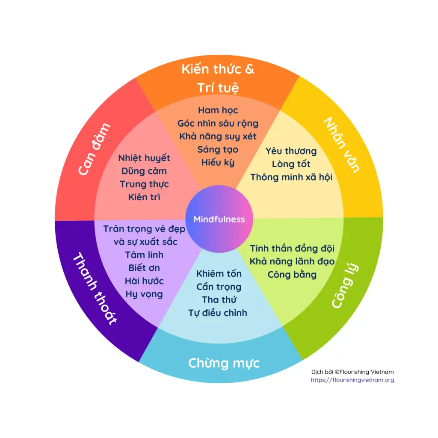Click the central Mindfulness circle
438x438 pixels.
click(219, 219)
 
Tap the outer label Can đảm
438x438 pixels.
click(94, 150)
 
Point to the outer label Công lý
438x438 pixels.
click(345, 286)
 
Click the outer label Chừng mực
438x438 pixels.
click(224, 364)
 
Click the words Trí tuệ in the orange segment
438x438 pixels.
click(218, 88)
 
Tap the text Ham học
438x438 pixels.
click(218, 110)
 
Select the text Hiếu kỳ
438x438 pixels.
click(218, 163)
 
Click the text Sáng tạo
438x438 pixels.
click(218, 150)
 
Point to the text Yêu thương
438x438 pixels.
click(291, 151)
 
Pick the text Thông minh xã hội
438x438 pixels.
click(291, 177)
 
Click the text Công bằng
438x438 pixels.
click(292, 275)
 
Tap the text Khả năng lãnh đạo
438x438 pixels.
click(292, 261)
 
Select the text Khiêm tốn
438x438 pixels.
click(219, 274)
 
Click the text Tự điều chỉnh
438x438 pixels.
click(218, 313)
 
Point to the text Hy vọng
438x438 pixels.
click(144, 294)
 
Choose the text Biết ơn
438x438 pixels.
click(144, 268)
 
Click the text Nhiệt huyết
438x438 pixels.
click(144, 158)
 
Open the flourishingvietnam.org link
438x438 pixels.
click(352, 380)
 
